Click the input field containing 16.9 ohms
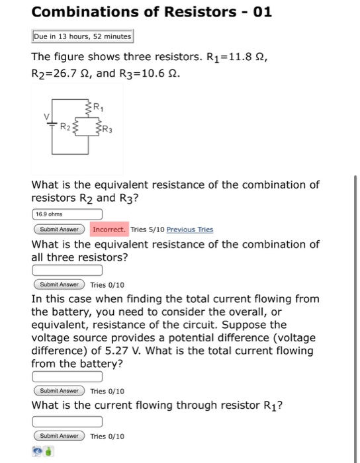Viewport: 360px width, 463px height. point(67,214)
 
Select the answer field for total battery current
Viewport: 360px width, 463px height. point(67,376)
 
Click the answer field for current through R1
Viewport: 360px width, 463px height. point(67,421)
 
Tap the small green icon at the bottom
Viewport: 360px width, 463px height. point(49,452)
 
